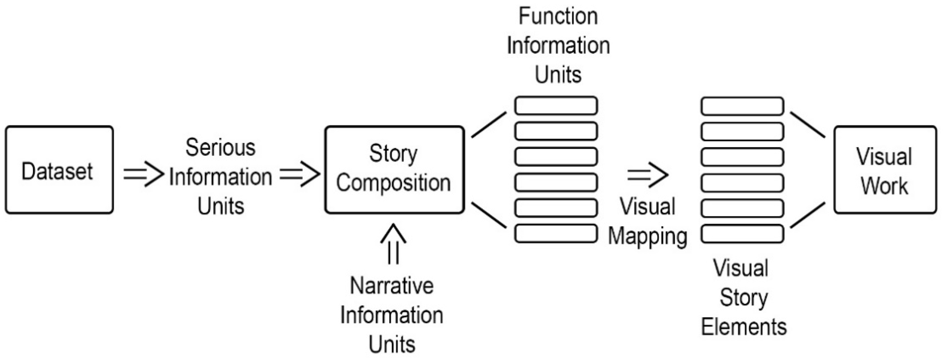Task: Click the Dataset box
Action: [59, 170]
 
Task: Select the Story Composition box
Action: [394, 170]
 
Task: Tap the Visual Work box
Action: [885, 170]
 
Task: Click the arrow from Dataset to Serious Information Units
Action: [143, 174]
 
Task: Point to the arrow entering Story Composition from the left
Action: [299, 174]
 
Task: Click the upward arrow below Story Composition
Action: [393, 244]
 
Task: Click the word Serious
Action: [220, 148]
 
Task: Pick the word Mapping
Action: [648, 236]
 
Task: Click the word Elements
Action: [743, 327]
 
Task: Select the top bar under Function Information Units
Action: [556, 106]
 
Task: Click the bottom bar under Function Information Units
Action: [556, 234]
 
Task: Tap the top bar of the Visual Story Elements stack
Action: [742, 106]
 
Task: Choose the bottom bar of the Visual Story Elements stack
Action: [742, 234]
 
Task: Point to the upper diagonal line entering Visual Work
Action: [808, 125]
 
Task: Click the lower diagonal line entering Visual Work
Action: [808, 215]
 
